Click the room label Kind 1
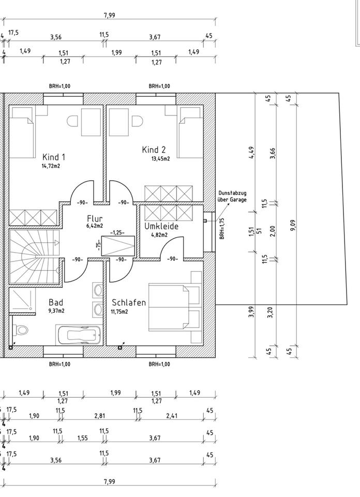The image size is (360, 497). tap(54, 157)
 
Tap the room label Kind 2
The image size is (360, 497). tap(154, 150)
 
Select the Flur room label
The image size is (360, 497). tap(95, 218)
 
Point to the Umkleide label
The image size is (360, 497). tap(161, 226)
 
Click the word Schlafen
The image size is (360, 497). tap(129, 302)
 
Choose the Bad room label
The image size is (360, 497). tap(56, 302)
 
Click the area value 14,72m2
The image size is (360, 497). tap(51, 166)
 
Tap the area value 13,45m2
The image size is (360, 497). tap(160, 158)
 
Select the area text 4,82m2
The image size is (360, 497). tap(159, 235)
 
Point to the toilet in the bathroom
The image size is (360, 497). tap(20, 330)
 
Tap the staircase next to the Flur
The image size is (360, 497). tap(35, 255)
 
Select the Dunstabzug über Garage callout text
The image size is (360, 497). tap(232, 196)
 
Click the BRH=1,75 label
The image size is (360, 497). tap(222, 228)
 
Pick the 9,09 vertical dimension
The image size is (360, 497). tap(293, 225)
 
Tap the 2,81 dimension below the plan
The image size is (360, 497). tap(100, 416)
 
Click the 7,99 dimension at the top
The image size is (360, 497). tap(110, 15)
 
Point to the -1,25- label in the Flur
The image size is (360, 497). tap(117, 232)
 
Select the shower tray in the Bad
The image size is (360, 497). tap(22, 300)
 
